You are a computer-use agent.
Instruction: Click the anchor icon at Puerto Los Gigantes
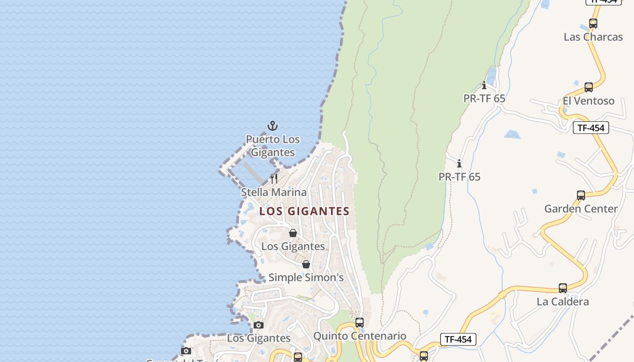click(x=272, y=126)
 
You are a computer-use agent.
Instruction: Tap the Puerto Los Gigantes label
click(x=273, y=146)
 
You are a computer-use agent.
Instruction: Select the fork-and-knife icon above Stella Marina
click(x=274, y=178)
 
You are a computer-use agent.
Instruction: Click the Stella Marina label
click(x=274, y=192)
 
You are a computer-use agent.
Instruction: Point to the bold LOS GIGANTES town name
click(x=304, y=211)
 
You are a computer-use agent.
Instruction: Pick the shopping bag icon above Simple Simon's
click(x=306, y=264)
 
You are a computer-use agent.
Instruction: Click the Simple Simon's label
click(x=306, y=277)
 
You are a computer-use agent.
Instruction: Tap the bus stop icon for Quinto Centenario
click(x=360, y=323)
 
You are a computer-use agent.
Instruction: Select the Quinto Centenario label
click(x=360, y=336)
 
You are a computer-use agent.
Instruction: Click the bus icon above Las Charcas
click(x=593, y=24)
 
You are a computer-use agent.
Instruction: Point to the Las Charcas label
click(x=593, y=37)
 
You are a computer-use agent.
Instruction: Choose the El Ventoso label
click(x=588, y=101)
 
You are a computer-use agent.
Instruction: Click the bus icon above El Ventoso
click(x=589, y=87)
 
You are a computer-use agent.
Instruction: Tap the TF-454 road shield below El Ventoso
click(x=591, y=128)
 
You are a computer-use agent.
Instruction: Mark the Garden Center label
click(x=581, y=209)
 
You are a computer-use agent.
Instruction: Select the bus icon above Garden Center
click(x=581, y=195)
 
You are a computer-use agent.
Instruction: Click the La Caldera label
click(x=562, y=302)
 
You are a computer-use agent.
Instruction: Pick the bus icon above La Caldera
click(x=563, y=288)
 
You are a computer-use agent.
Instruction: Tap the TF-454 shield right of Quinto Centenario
click(x=458, y=339)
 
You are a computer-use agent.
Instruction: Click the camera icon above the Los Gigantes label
click(x=259, y=325)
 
